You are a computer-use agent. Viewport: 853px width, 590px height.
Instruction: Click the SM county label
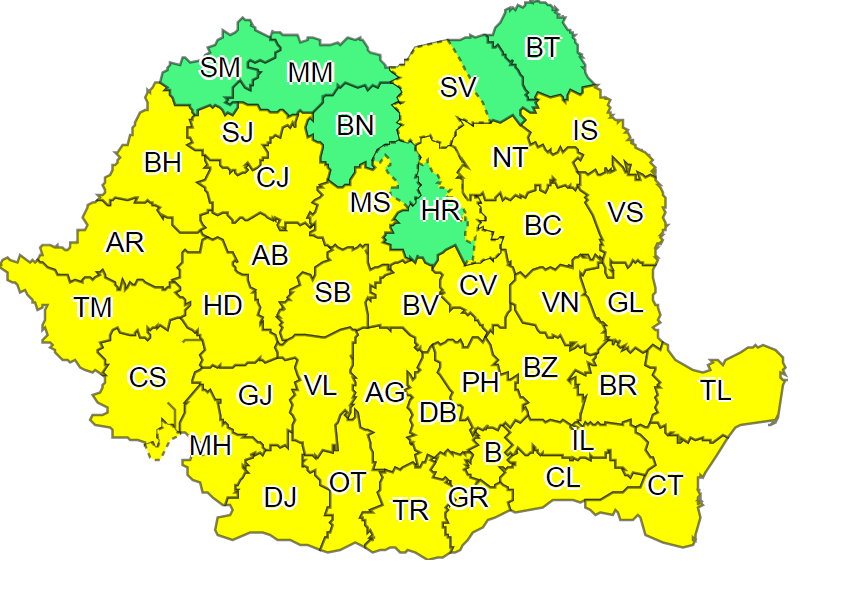[220, 67]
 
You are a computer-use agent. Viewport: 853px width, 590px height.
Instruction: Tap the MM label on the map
[310, 73]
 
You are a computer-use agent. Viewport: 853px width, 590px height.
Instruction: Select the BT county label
[542, 47]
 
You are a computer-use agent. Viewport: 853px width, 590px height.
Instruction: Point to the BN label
[354, 125]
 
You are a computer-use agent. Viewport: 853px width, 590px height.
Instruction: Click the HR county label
[440, 211]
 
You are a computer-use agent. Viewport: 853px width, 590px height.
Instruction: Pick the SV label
[459, 88]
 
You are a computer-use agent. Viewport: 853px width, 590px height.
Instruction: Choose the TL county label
[715, 391]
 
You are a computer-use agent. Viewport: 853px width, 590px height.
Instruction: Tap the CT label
[665, 486]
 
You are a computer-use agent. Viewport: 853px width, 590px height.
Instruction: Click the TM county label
[93, 308]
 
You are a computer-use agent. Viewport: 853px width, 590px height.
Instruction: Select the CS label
[148, 378]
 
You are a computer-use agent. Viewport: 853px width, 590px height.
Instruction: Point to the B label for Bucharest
[492, 452]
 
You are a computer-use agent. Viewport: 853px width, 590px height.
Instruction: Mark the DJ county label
[280, 497]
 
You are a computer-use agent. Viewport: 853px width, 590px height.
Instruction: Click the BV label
[421, 306]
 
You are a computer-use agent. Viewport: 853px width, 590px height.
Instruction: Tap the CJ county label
[272, 178]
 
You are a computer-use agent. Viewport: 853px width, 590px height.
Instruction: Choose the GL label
[625, 302]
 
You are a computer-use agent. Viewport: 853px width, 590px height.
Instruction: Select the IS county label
[585, 130]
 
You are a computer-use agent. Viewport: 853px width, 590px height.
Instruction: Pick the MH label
[210, 445]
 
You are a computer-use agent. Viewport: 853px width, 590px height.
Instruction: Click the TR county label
[410, 511]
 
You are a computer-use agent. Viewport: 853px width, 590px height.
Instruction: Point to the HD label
[222, 305]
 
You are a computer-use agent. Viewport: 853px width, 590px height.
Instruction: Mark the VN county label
[560, 302]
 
